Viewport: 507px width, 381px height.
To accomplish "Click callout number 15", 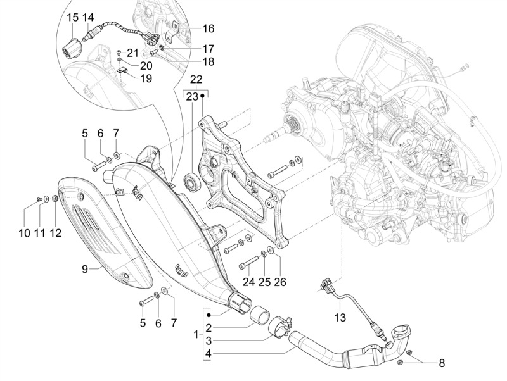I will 72,17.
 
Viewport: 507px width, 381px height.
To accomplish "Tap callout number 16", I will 209,28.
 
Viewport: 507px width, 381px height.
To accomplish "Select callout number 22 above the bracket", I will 196,80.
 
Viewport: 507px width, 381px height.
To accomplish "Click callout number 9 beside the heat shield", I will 84,269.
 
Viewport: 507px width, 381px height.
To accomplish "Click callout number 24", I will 248,282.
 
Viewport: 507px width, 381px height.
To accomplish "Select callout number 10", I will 24,233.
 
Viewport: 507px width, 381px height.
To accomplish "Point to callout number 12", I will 56,233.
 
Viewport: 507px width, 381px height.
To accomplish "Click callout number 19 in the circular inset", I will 146,78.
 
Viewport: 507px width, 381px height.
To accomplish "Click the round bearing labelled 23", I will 192,183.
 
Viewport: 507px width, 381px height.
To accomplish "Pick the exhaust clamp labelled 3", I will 279,328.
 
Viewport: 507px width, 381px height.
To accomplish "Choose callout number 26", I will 280,282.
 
